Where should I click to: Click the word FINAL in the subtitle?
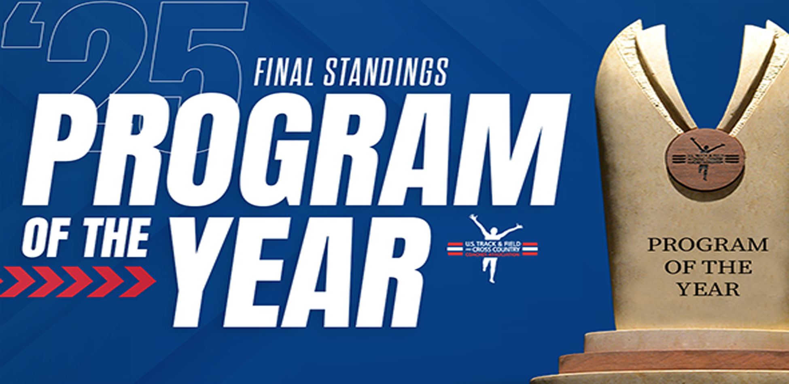[283, 72]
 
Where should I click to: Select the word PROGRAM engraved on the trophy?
[708, 245]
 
